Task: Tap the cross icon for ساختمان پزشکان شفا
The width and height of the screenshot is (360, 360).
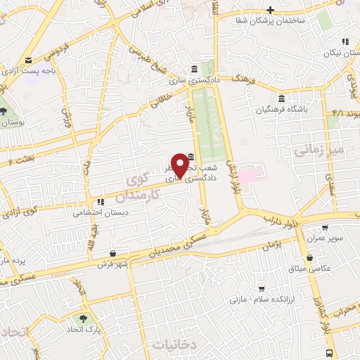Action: (269, 9)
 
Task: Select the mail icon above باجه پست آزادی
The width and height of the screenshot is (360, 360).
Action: (28, 60)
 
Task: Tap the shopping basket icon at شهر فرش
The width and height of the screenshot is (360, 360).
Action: (113, 253)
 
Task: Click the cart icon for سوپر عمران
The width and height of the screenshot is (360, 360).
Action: (325, 228)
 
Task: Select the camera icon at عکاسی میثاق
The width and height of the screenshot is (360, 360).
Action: (310, 257)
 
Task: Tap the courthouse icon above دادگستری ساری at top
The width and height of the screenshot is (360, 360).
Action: (194, 68)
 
